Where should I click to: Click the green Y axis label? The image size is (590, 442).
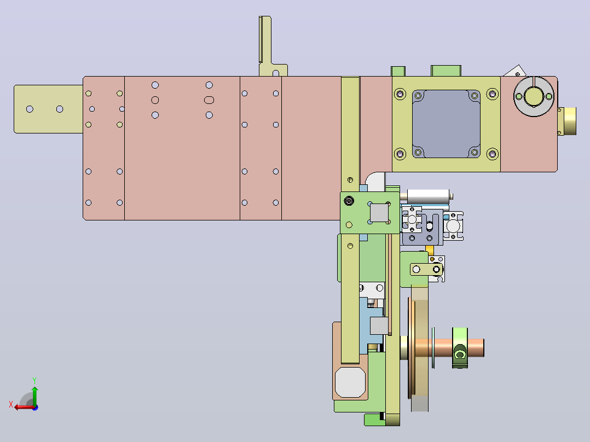pyautogui.click(x=34, y=380)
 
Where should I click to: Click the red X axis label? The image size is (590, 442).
pyautogui.click(x=11, y=404)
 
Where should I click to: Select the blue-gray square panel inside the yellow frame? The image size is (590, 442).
pyautogui.click(x=446, y=124)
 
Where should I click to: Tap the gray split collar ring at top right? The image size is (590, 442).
pyautogui.click(x=534, y=96)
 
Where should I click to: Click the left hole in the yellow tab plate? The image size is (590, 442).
pyautogui.click(x=30, y=109)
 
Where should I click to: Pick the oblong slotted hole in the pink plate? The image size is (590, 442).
pyautogui.click(x=209, y=100)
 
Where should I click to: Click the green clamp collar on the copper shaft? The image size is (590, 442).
pyautogui.click(x=460, y=347)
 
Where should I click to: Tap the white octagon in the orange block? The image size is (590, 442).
pyautogui.click(x=350, y=382)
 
